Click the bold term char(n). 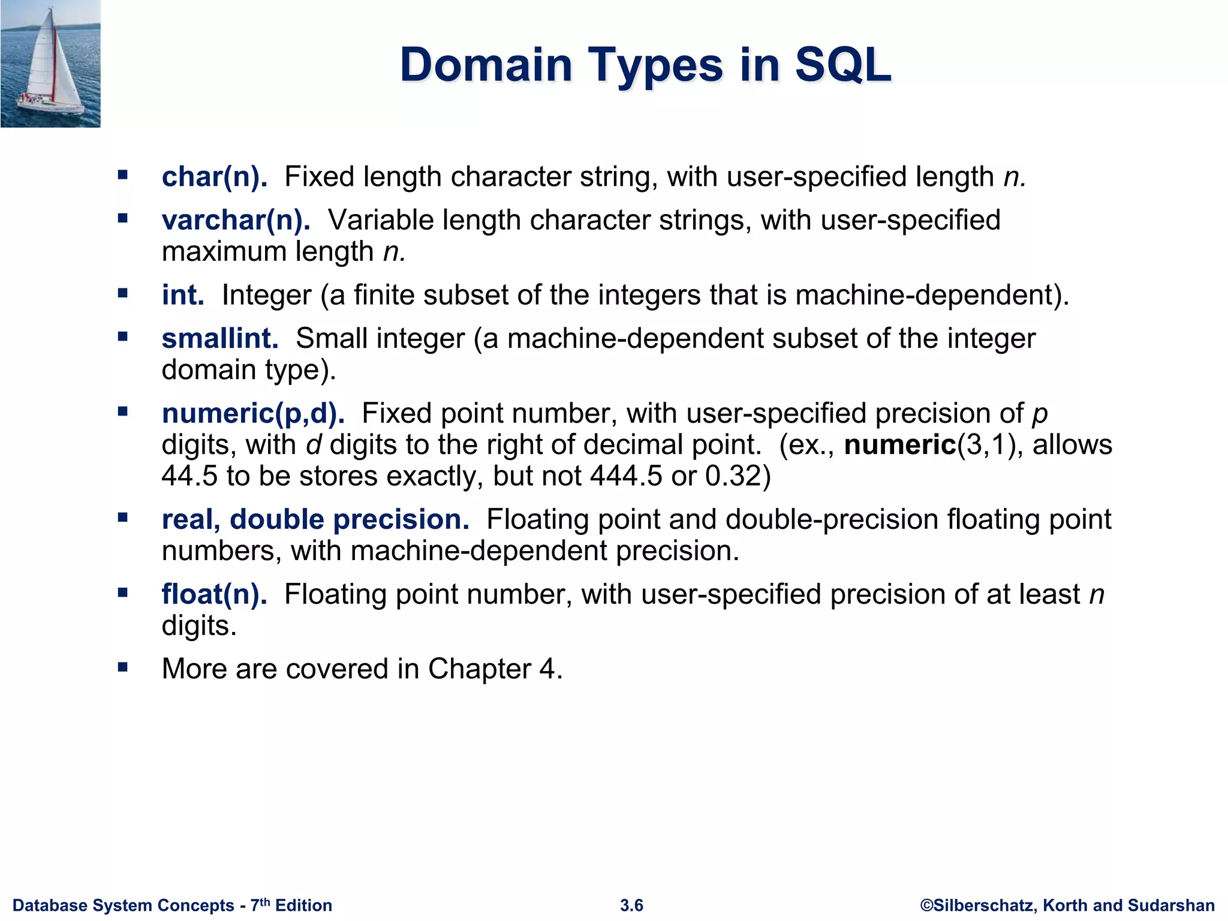point(214,177)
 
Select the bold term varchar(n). point(236,220)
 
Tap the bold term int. point(183,295)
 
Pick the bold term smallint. point(220,339)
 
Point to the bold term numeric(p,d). point(253,414)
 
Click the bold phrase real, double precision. point(315,519)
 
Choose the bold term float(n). point(214,594)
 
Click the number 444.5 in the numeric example point(626,476)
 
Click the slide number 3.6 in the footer point(631,905)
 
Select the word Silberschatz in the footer point(983,905)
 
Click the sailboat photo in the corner point(50,64)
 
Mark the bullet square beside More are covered point(123,667)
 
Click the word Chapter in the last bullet point(479,669)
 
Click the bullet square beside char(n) point(123,175)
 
